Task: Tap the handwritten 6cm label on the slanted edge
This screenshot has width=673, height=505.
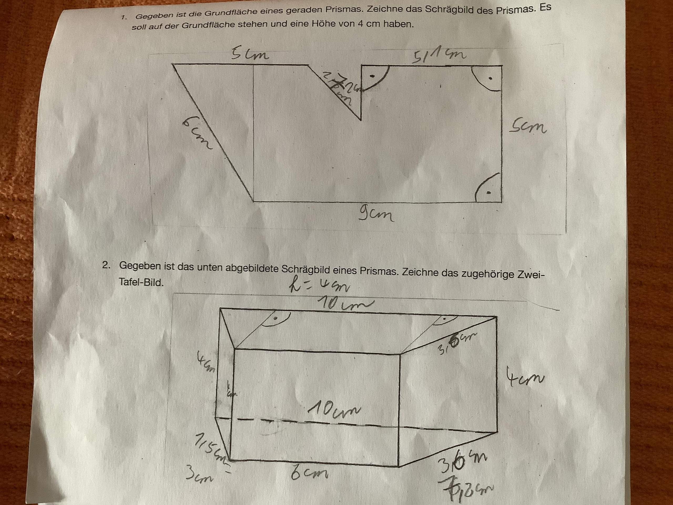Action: pos(197,134)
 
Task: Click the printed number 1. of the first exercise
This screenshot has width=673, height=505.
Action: pos(124,18)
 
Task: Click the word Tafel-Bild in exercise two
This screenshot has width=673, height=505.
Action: pos(141,282)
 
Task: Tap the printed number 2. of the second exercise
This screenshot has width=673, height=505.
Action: pos(106,265)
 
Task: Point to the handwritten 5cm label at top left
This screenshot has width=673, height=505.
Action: pos(250,55)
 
